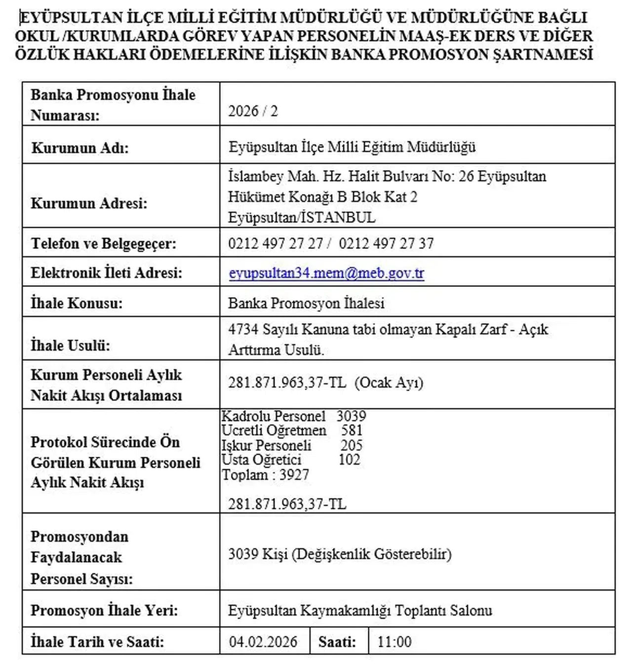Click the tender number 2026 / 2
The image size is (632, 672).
[253, 111]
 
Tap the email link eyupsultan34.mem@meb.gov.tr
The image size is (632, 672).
[326, 273]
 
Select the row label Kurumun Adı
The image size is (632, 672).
[80, 148]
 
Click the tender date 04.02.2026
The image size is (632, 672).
[263, 641]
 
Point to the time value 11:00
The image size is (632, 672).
[394, 641]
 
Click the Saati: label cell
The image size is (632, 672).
[337, 641]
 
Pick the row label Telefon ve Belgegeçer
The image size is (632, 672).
[104, 243]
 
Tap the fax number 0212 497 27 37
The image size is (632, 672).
[386, 243]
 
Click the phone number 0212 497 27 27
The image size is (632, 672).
[276, 243]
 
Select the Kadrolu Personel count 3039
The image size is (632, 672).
[351, 416]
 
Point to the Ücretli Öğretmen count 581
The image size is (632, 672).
[352, 431]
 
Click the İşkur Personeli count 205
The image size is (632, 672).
[351, 445]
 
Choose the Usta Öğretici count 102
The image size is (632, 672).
[349, 460]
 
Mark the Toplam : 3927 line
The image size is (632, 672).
[266, 474]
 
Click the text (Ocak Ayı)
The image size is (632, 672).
[389, 383]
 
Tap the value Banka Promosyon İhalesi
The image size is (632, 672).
[306, 303]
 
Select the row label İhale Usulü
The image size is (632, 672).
[70, 345]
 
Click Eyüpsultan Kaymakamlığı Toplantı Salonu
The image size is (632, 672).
[360, 610]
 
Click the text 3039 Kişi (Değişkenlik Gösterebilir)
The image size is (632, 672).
[340, 554]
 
